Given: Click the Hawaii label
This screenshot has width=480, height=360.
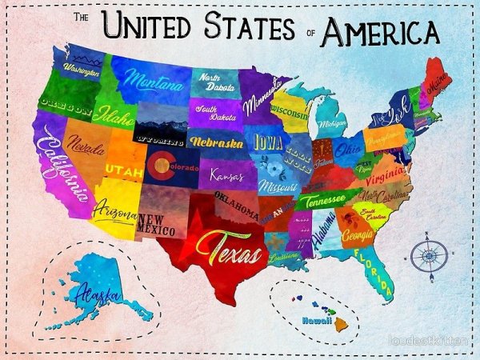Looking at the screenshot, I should [316, 320].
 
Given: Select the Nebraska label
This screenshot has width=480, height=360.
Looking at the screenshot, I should [216, 142].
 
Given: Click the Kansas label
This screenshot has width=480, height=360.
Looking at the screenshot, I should [226, 174].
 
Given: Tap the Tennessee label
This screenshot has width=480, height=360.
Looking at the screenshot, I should [321, 202].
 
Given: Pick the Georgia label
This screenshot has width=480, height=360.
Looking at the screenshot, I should [356, 236].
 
